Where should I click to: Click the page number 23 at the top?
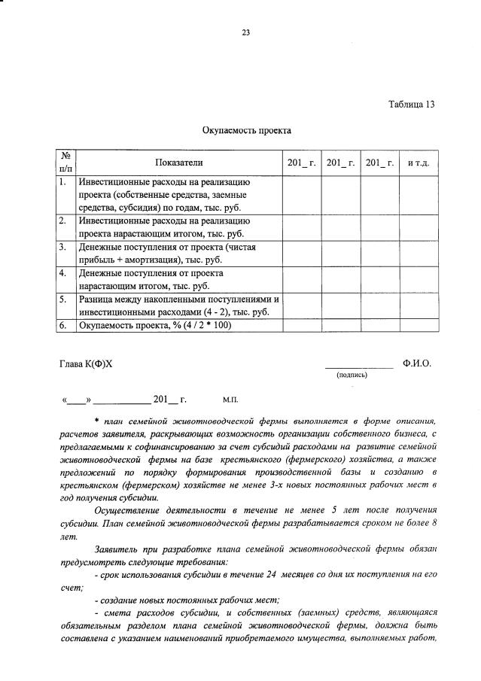pos(245,32)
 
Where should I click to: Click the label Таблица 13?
pos(411,105)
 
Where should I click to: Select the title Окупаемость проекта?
pos(246,131)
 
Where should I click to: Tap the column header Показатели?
pos(179,163)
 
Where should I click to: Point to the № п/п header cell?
pos(65,163)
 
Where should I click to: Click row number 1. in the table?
pos(64,182)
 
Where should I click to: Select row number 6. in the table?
pos(64,326)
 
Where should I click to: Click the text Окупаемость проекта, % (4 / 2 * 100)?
pos(156,326)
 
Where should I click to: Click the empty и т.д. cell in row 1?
pos(418,195)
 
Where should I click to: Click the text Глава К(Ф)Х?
pos(85,363)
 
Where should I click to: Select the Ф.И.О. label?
pos(416,363)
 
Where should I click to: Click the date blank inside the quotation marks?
pos(77,401)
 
